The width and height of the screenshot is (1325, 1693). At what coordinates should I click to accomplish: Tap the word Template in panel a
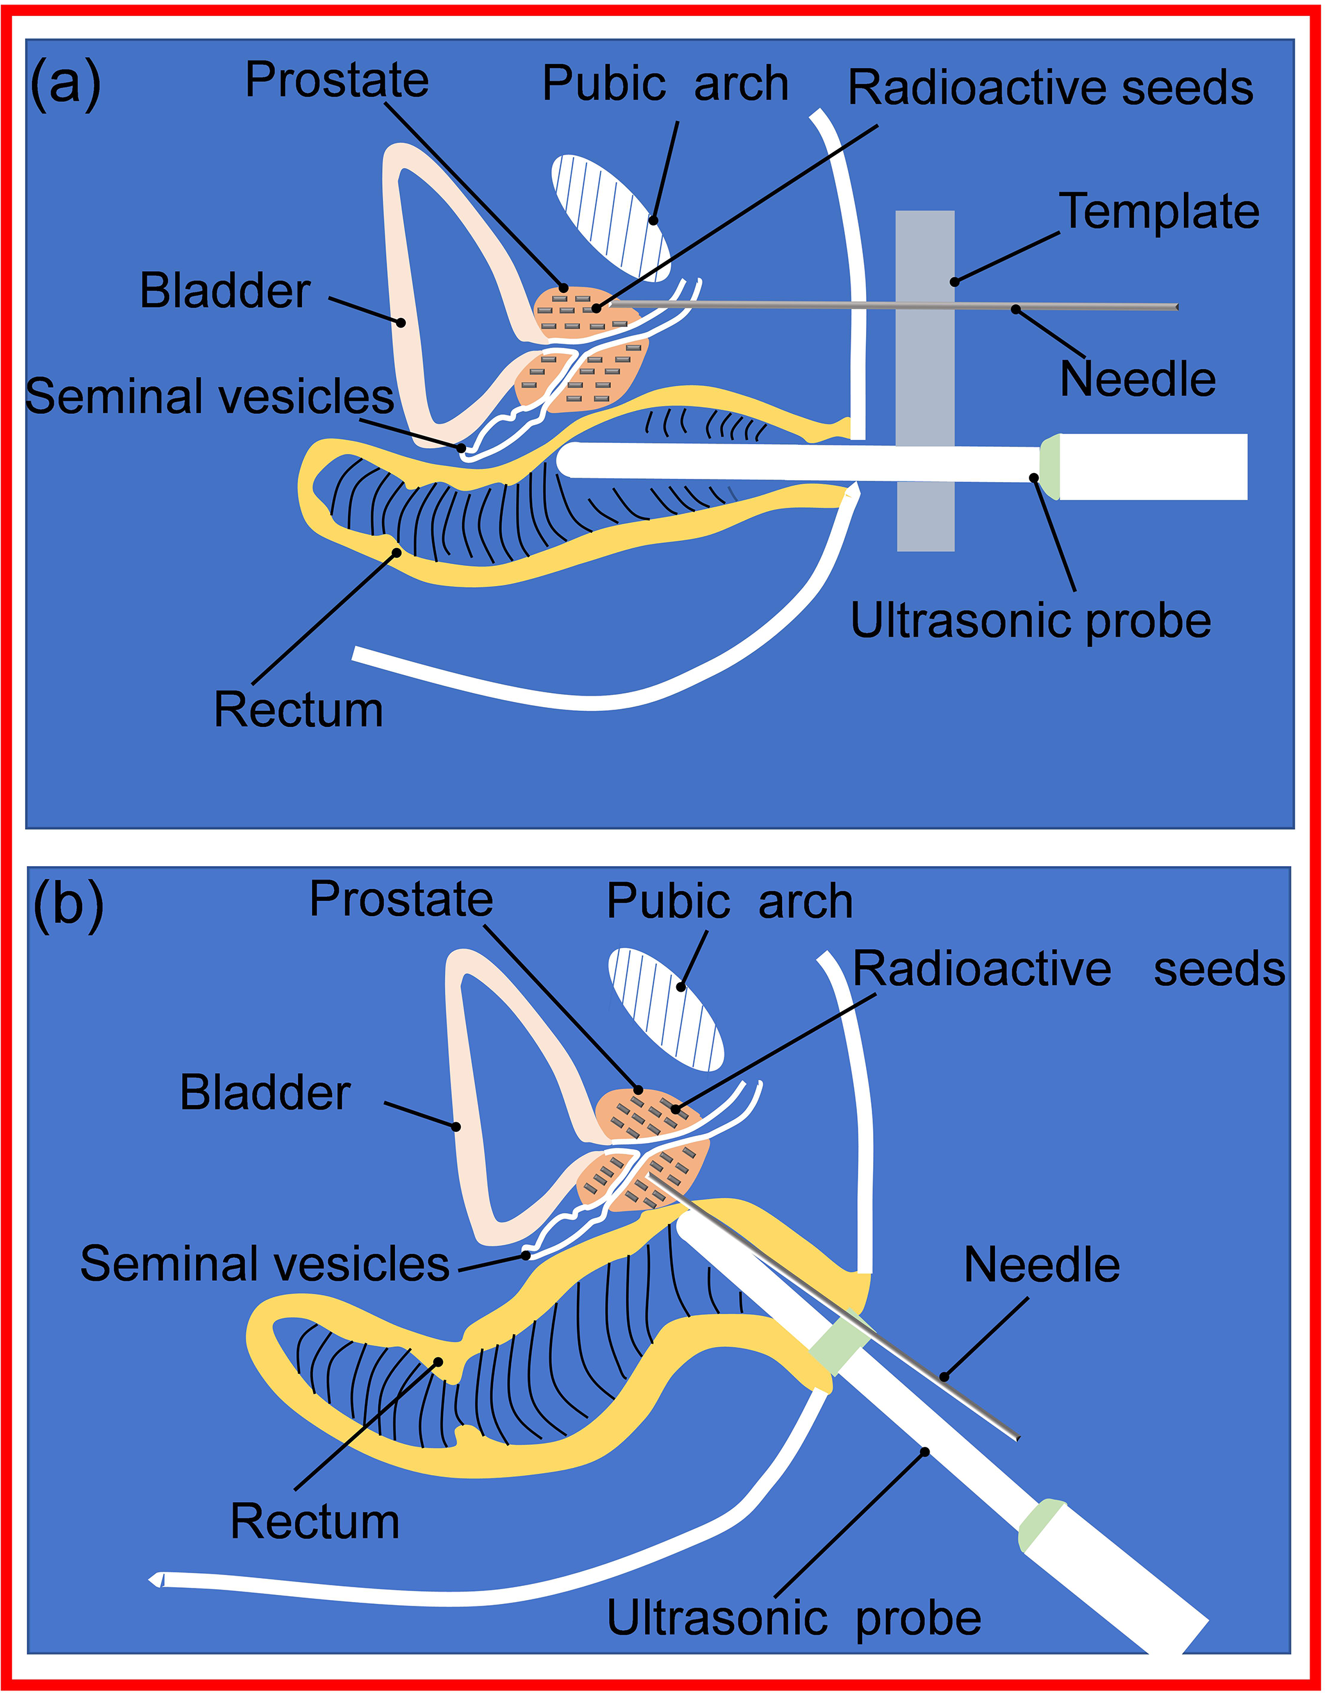[1159, 212]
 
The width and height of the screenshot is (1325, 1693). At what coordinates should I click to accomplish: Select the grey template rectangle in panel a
[925, 380]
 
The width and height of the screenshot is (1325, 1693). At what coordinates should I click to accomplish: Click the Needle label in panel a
[1137, 379]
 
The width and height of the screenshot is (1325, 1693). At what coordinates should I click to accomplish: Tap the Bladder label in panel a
[225, 291]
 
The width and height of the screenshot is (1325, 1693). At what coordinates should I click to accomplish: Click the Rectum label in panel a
[299, 710]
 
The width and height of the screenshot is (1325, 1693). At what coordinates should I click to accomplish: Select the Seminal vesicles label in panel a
[210, 396]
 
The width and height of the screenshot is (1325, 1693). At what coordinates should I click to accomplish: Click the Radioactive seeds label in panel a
[1051, 87]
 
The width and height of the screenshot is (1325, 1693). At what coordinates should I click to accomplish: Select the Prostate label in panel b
[401, 899]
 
